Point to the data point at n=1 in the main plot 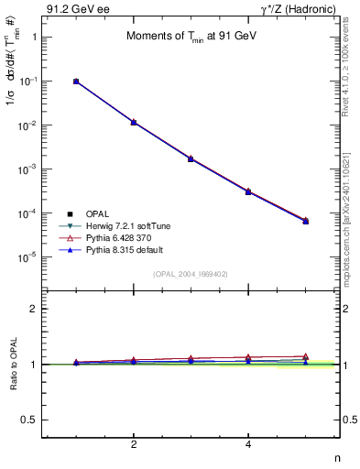pos(76,82)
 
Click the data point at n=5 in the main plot pos(306,221)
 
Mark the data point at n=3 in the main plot pos(191,158)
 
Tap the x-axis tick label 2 pos(134,444)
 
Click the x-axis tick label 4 pos(248,444)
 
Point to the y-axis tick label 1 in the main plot pos(34,38)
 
